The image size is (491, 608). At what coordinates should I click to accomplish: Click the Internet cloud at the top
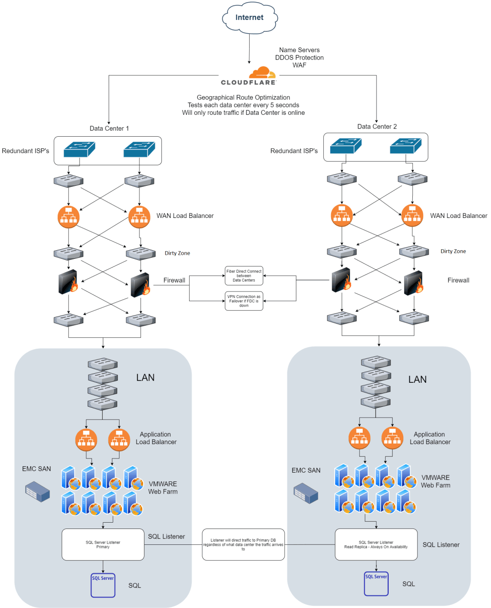click(250, 18)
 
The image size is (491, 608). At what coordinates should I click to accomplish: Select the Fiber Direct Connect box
click(244, 276)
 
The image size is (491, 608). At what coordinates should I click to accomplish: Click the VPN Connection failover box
click(244, 301)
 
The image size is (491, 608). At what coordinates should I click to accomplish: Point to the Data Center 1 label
click(109, 129)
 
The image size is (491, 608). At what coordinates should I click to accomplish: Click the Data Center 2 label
click(377, 127)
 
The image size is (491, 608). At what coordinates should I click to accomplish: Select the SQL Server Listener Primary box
click(103, 544)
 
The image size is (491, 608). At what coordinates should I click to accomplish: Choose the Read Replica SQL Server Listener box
click(376, 544)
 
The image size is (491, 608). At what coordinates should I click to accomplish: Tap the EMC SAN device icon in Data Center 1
click(37, 492)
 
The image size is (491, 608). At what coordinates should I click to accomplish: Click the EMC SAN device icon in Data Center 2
click(306, 493)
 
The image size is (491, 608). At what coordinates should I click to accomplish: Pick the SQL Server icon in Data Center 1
click(103, 585)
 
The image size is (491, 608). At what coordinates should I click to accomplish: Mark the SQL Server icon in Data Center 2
click(376, 584)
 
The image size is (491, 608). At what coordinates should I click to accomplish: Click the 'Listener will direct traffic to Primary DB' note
click(243, 544)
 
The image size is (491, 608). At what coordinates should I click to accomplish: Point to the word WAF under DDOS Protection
click(299, 65)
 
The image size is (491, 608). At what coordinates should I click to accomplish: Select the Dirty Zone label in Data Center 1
click(177, 253)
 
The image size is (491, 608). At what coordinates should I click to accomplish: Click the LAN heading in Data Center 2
click(417, 380)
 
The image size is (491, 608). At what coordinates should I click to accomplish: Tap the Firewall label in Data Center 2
click(458, 281)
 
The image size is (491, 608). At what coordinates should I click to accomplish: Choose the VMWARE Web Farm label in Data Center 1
click(163, 488)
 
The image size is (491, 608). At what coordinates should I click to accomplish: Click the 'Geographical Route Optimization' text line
click(243, 98)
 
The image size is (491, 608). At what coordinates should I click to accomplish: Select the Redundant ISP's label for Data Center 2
click(294, 151)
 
